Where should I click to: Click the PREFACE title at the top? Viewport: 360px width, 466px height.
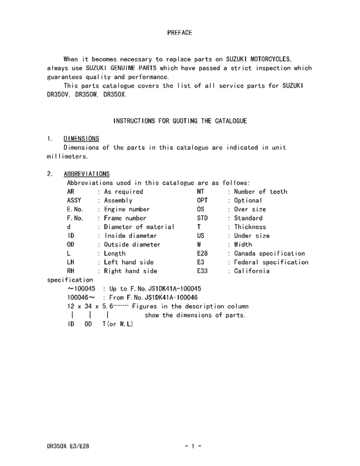(179, 31)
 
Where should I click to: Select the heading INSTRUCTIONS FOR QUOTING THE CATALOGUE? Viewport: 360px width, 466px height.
(180, 120)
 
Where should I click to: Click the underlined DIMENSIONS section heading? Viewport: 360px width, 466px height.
(82, 138)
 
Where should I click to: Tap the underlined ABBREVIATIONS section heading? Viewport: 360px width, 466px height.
(87, 174)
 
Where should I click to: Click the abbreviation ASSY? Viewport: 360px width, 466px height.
(74, 201)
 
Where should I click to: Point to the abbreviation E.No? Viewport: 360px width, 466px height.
(75, 210)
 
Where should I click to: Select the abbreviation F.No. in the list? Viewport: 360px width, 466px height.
(75, 219)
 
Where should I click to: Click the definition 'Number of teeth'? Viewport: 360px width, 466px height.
(260, 192)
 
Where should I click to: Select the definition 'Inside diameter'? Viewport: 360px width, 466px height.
(130, 236)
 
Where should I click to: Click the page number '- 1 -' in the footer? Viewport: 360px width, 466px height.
(193, 444)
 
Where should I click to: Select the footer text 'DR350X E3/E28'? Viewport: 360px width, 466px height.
(68, 444)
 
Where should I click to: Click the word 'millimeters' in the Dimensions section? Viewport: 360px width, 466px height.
(67, 156)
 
